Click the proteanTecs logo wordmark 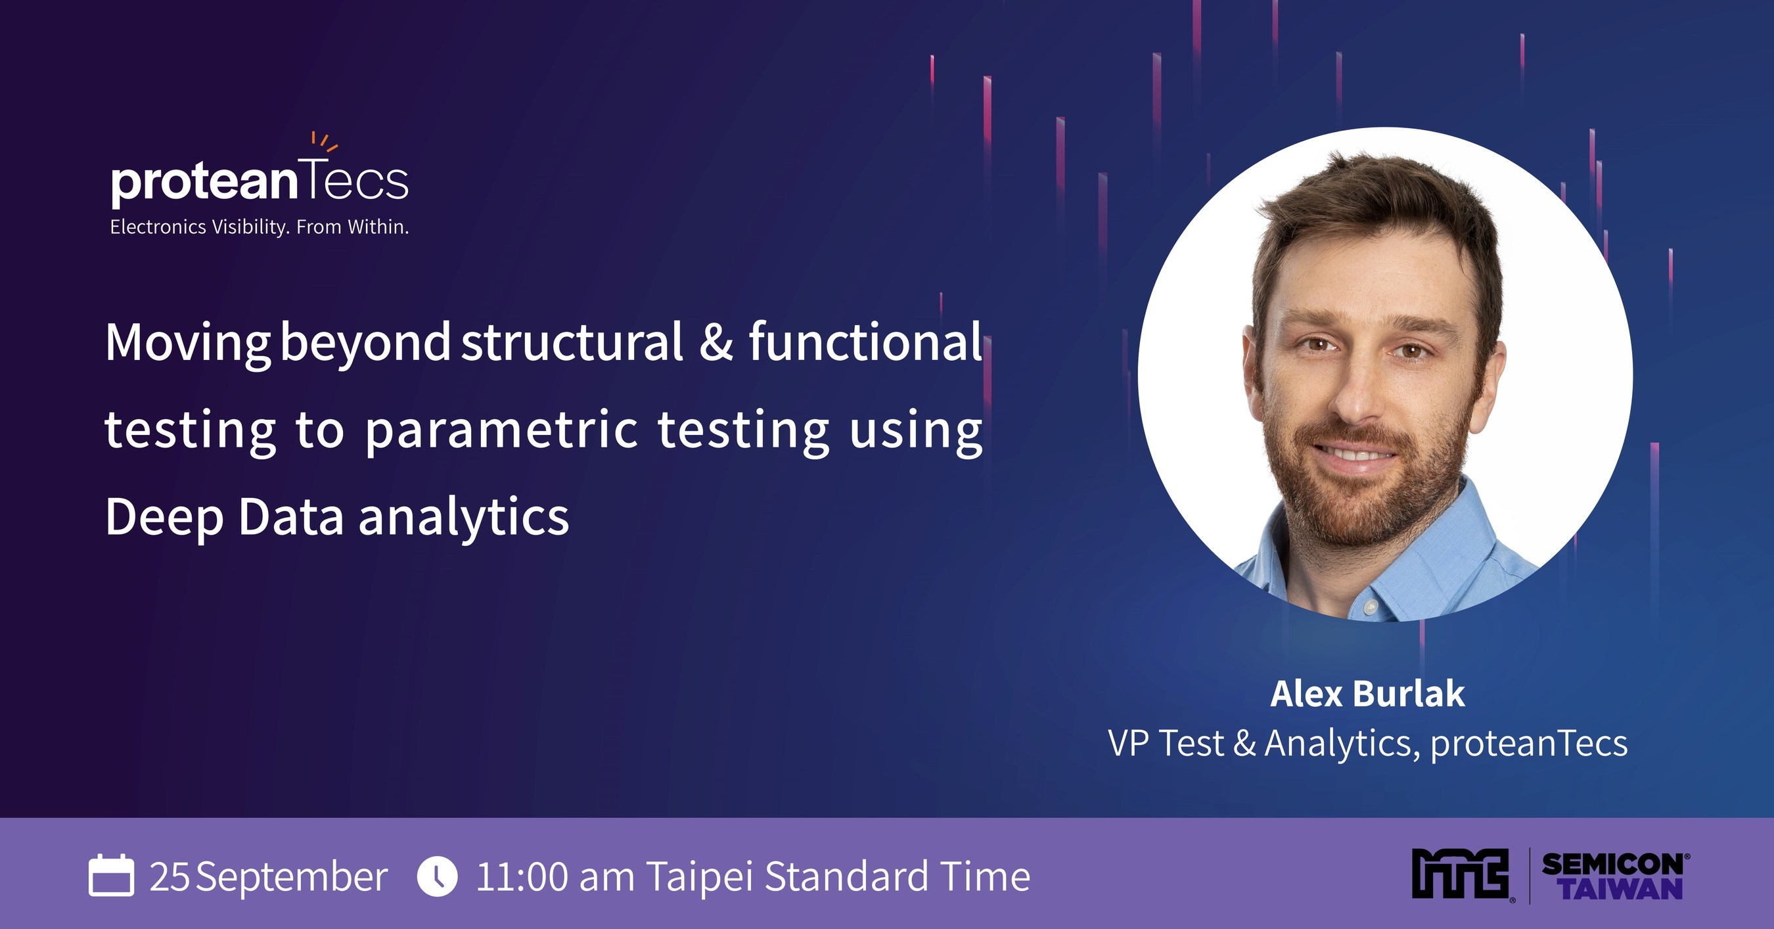pyautogui.click(x=259, y=182)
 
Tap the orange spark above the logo pyautogui.click(x=324, y=141)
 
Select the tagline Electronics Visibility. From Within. pyautogui.click(x=260, y=227)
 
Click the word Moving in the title pyautogui.click(x=187, y=343)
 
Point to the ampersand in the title pyautogui.click(x=716, y=342)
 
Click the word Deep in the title pyautogui.click(x=164, y=518)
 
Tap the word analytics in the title pyautogui.click(x=463, y=518)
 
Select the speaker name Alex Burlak pyautogui.click(x=1368, y=694)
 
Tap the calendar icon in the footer pyautogui.click(x=111, y=875)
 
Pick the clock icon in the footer pyautogui.click(x=438, y=876)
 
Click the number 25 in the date pyautogui.click(x=170, y=876)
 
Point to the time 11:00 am pyautogui.click(x=555, y=876)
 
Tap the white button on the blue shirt pyautogui.click(x=1371, y=607)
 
